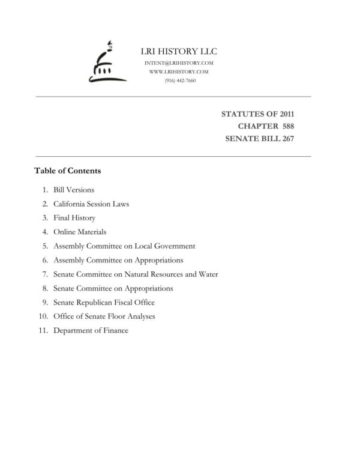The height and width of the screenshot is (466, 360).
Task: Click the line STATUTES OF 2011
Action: click(257, 113)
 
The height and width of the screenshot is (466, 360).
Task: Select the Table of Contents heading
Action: click(68, 171)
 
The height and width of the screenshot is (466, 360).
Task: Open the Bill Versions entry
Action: click(74, 190)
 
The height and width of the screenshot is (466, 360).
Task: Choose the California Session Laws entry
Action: click(91, 204)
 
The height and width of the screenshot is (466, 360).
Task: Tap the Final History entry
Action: click(74, 218)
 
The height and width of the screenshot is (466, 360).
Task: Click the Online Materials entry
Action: click(80, 232)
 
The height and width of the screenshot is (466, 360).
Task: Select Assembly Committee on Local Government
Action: click(124, 246)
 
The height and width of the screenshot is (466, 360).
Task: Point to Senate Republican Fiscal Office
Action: click(104, 303)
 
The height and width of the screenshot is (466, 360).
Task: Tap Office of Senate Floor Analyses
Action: click(104, 316)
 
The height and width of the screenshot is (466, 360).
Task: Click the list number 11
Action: click(42, 331)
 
